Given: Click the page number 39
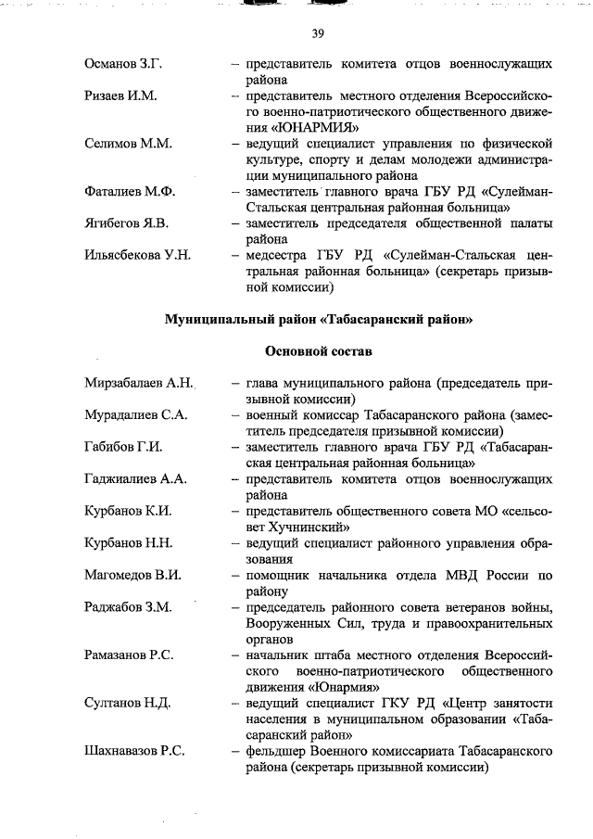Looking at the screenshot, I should coord(318,34).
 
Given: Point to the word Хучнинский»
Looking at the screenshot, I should coord(289,527).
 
